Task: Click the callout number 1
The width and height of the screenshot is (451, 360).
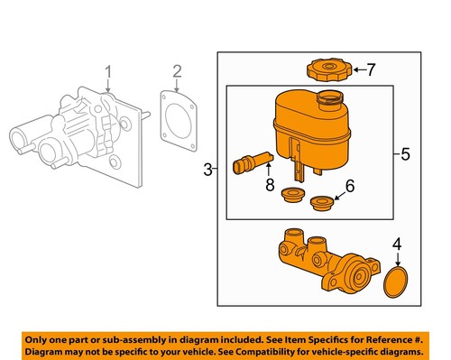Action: point(108,71)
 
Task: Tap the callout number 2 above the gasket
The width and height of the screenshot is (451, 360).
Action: point(177,71)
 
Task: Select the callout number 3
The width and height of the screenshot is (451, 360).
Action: point(207,169)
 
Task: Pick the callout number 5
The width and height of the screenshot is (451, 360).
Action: point(405,154)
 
